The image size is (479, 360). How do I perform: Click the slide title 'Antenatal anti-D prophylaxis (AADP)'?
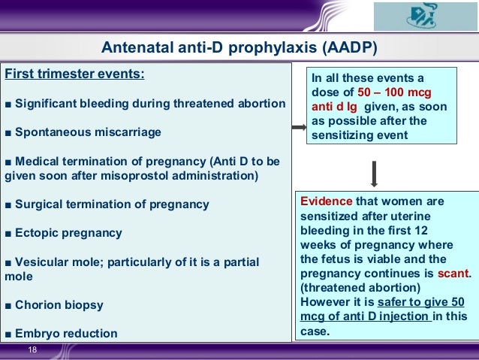click(239, 50)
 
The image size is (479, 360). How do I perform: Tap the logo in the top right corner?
click(423, 17)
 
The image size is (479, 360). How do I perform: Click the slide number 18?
click(32, 350)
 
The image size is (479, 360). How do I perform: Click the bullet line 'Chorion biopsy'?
click(58, 305)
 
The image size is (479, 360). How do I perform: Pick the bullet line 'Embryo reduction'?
click(65, 333)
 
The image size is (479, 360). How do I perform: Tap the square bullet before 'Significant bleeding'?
click(8, 103)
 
